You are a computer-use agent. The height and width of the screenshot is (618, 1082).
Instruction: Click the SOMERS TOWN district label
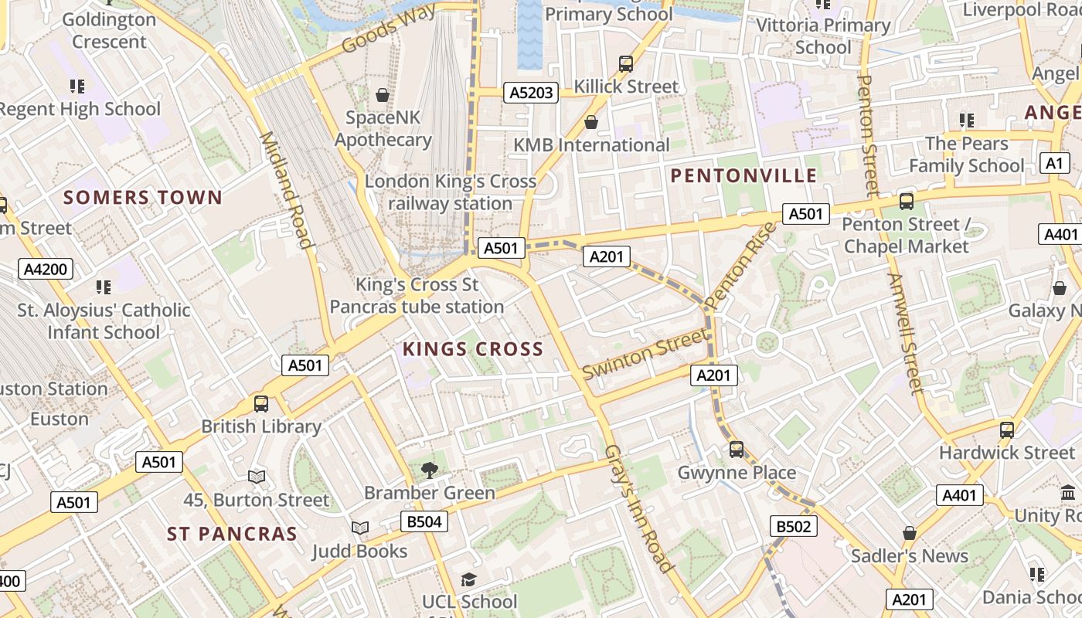click(143, 198)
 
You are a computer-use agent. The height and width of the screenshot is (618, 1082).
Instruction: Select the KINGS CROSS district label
click(473, 349)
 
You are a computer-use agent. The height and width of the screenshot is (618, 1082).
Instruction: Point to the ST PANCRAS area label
click(232, 534)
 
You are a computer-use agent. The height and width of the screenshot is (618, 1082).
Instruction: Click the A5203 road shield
click(531, 93)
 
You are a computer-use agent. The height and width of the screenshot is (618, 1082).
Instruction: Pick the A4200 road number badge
click(46, 270)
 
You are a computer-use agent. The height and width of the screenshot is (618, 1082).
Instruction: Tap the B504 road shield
click(424, 521)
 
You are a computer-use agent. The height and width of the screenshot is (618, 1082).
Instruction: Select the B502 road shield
click(793, 527)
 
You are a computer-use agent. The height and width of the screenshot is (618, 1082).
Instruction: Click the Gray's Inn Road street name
click(638, 508)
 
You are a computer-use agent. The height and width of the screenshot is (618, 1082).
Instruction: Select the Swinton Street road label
click(645, 354)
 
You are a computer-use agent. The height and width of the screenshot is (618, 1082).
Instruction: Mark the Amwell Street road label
click(903, 333)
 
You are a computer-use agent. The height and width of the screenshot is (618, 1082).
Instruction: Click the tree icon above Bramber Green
click(429, 470)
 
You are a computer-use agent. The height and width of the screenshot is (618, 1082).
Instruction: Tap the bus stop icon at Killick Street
click(626, 63)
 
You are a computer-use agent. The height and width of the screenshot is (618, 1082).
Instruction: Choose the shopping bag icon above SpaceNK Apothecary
click(382, 95)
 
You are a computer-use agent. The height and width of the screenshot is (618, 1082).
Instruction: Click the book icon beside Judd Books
click(360, 528)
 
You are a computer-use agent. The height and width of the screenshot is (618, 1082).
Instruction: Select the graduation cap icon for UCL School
click(468, 579)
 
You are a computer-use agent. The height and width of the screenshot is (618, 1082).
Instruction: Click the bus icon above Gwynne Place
click(737, 449)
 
